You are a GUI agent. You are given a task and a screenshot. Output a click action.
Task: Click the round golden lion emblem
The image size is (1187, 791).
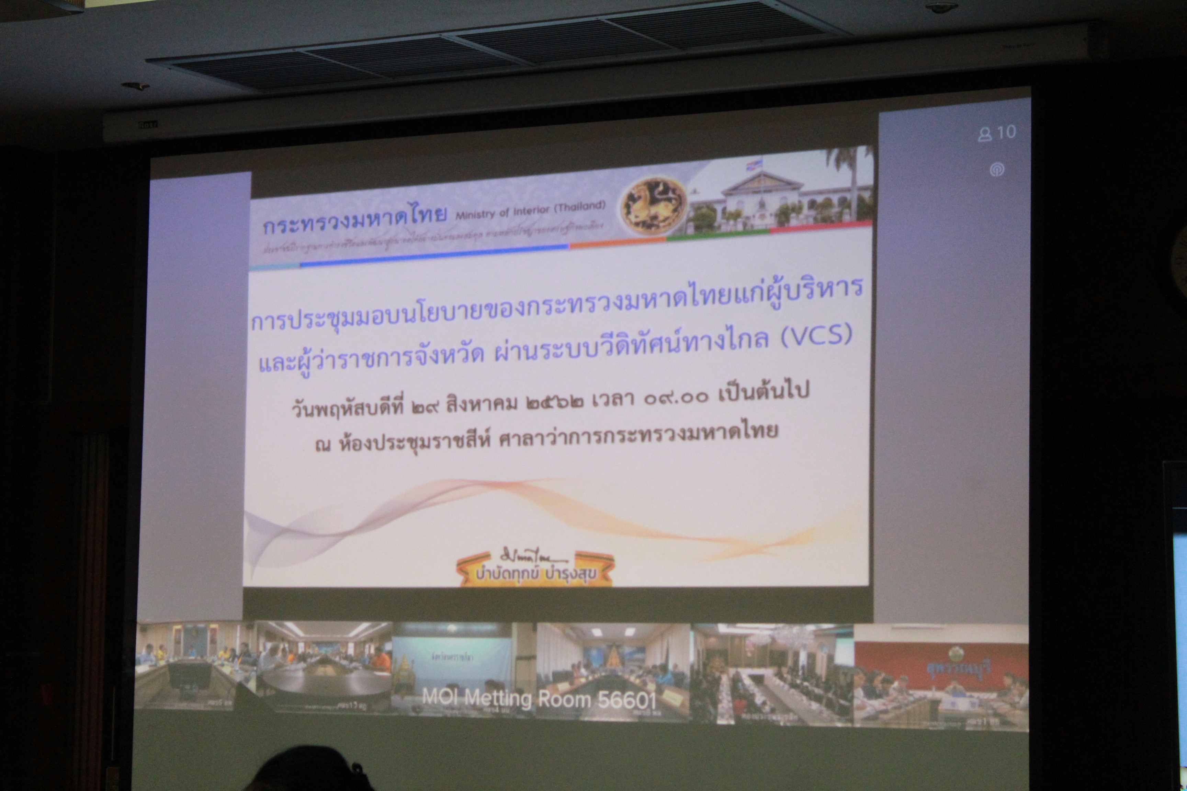(654, 205)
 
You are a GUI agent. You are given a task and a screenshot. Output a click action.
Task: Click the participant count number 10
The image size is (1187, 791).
(1006, 132)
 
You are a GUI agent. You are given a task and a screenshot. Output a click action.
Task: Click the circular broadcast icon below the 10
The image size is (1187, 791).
(996, 170)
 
